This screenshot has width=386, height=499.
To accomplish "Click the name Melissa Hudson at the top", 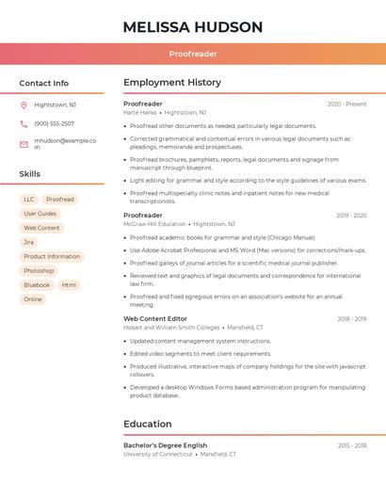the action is pos(192,27).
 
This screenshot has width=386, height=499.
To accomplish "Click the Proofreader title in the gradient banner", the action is pos(192,54).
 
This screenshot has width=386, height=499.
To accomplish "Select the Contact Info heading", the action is pos(43,83).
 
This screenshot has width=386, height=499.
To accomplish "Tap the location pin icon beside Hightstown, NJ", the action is pos(24,105).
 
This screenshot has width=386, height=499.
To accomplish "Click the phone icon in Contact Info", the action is pos(24,123).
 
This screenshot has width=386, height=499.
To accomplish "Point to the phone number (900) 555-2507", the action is pos(54,123).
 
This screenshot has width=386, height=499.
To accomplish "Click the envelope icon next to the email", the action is pos(24,144).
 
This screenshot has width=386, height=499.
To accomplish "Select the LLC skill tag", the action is pos(28,200).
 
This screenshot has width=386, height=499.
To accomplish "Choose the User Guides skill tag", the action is pos(40,214).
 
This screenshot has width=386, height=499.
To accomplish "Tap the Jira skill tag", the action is pos(28,242).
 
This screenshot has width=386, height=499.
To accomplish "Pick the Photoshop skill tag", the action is pos(39,270).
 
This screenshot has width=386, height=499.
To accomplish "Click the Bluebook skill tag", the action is pos(37,284).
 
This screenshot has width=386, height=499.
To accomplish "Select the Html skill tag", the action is pos(69,284).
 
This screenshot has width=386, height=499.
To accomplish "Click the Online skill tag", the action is pos(33,299).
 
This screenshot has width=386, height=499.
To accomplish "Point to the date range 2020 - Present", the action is pos(346,105).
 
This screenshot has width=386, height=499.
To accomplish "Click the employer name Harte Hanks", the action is pos(140,112).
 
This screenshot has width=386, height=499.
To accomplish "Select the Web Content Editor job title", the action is pos(154,319).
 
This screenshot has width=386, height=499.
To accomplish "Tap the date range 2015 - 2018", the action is pos(352,445).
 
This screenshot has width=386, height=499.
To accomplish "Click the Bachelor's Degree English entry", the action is pos(165,445).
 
